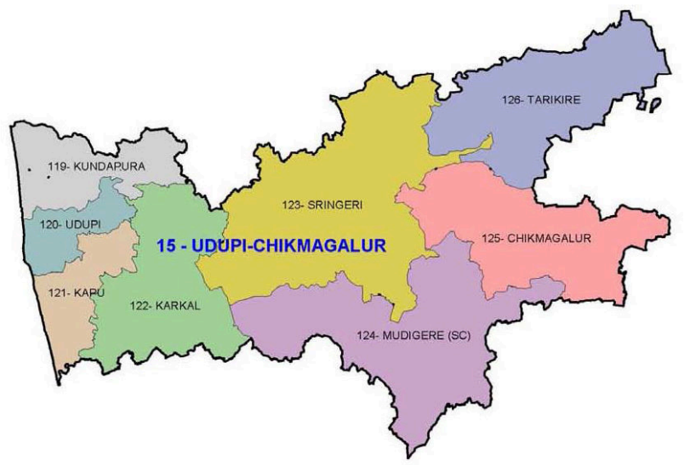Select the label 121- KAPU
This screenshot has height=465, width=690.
click(x=64, y=292)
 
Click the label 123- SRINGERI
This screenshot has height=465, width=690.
click(x=318, y=205)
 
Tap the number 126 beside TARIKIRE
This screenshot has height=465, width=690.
click(x=509, y=99)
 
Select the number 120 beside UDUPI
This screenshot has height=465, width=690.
click(x=48, y=225)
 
